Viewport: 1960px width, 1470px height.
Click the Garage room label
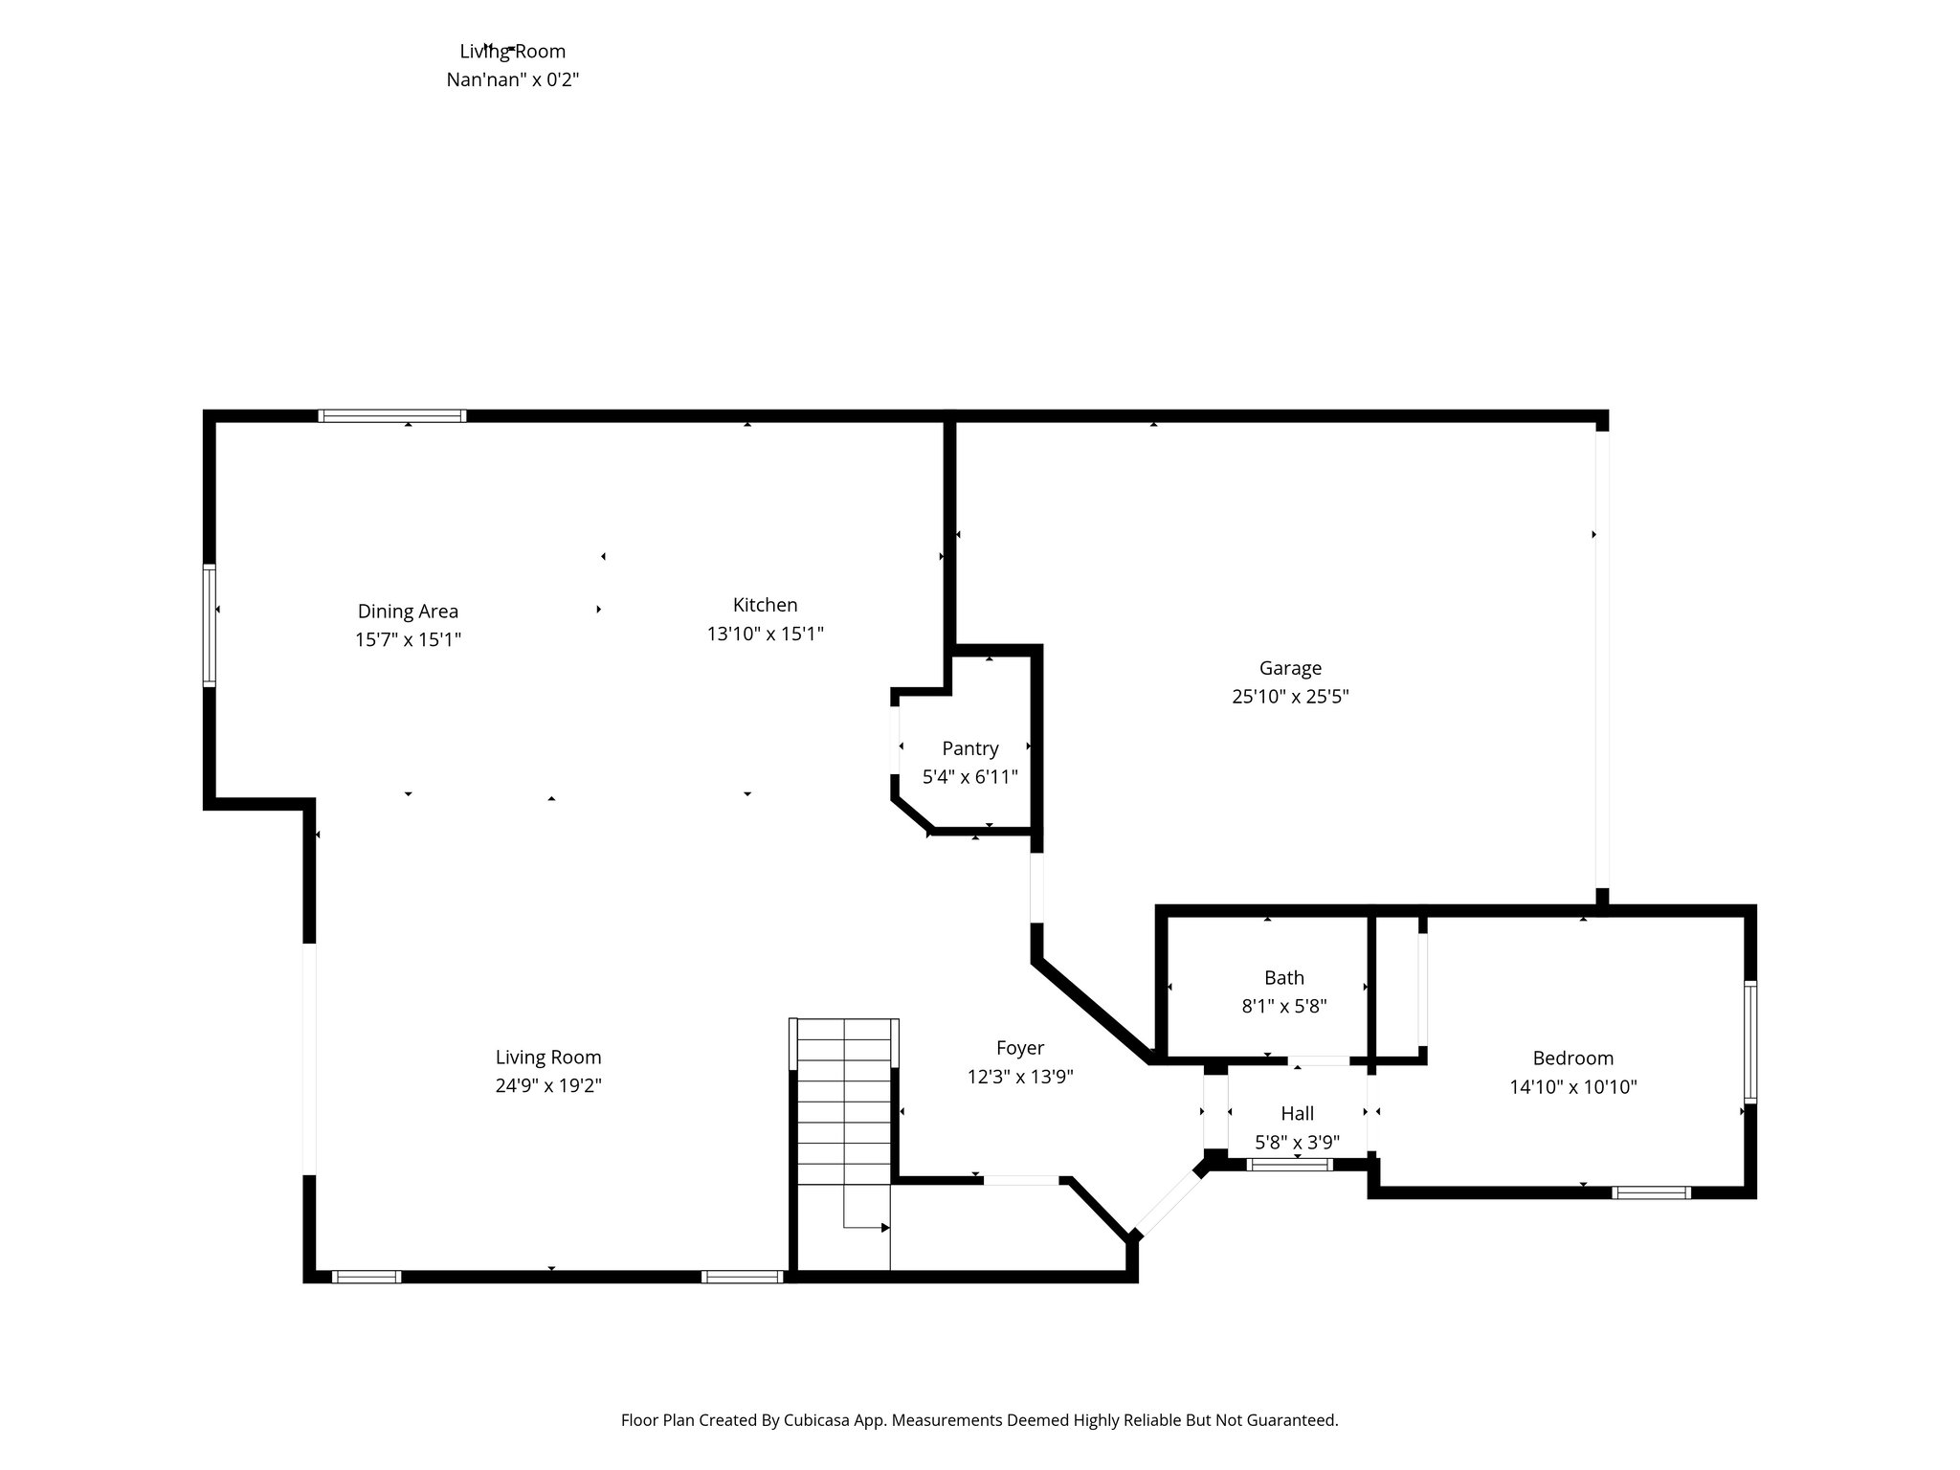click(1289, 668)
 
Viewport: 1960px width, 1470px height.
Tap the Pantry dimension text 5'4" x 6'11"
click(969, 777)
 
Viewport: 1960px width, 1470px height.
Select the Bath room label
click(1283, 977)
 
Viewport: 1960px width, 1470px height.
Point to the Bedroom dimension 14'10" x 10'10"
click(1572, 1086)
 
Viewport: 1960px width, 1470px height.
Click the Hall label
click(1297, 1113)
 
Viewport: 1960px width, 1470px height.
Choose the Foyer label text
click(1019, 1048)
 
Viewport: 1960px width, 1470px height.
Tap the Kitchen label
click(765, 605)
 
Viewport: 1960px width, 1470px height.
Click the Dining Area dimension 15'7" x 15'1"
click(408, 639)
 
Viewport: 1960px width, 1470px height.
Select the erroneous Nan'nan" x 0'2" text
click(513, 79)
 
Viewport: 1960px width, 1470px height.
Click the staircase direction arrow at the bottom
click(884, 1227)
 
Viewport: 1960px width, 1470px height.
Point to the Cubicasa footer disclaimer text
click(979, 1420)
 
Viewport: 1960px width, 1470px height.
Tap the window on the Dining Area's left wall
click(210, 626)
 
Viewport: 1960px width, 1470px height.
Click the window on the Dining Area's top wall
click(392, 415)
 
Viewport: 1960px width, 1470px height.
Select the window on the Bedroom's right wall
click(1749, 1041)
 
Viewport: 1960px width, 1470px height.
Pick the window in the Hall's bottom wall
click(1289, 1165)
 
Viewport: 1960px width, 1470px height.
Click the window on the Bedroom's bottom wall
click(1651, 1192)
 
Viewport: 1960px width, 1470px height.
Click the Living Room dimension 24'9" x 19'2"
click(548, 1085)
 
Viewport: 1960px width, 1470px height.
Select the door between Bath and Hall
click(1319, 1060)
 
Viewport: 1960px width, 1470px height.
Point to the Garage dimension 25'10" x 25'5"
click(1289, 697)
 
